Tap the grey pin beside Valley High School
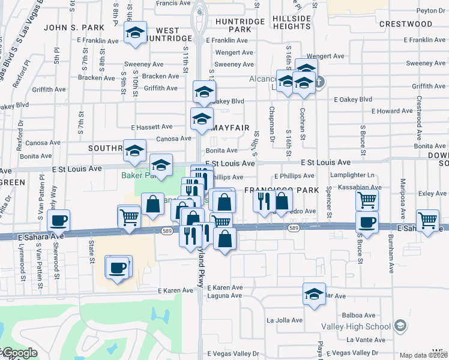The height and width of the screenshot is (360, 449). click(401, 326)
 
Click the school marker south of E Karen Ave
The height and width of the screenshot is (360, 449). click(314, 294)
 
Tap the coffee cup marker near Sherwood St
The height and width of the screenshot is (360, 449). click(59, 221)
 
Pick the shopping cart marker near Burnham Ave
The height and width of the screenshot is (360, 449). click(427, 221)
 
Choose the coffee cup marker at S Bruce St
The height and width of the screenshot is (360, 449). click(367, 222)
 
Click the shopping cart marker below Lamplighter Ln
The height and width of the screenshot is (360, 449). click(367, 200)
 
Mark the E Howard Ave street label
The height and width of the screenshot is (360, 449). click(392, 111)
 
